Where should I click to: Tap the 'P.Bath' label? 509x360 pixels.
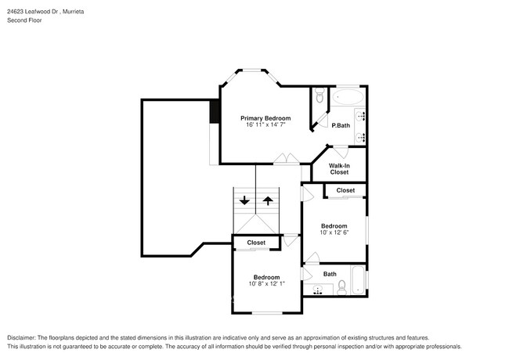tap(340, 126)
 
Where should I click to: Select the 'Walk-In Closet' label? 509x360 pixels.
tap(339, 168)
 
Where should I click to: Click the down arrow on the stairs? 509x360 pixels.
tap(245, 200)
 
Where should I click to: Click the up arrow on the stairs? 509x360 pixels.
tap(268, 200)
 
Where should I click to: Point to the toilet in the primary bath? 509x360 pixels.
tap(319, 98)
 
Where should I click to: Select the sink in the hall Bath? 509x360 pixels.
tap(319, 290)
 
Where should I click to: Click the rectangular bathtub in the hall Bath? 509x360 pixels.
tap(359, 281)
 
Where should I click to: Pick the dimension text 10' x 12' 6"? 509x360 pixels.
tap(334, 232)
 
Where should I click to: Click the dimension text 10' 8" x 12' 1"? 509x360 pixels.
tap(266, 284)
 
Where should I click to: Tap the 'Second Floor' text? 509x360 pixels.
tap(25, 21)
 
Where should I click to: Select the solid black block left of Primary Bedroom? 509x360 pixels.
tap(214, 112)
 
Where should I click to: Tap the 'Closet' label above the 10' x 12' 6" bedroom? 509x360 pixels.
tap(345, 190)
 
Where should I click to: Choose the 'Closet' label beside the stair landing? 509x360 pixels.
tap(256, 243)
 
